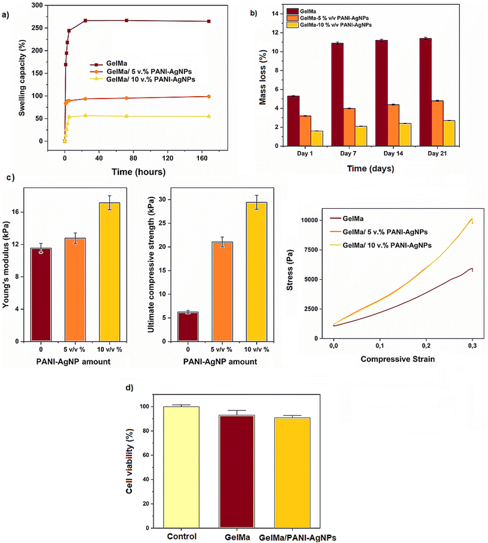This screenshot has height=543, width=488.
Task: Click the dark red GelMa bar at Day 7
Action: [x=337, y=94]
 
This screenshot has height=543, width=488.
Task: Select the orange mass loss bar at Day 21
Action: [x=437, y=124]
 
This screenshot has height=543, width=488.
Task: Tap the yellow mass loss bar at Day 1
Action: [x=317, y=138]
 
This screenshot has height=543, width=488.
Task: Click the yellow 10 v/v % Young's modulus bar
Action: [x=109, y=272]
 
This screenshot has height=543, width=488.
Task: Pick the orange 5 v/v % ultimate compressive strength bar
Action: [x=222, y=292]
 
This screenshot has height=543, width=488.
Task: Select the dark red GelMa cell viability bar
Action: [x=237, y=471]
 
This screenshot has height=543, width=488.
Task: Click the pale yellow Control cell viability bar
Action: [x=181, y=467]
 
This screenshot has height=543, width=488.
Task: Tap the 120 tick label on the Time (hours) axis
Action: [x=167, y=158]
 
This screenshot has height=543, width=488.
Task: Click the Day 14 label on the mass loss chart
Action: [x=393, y=153]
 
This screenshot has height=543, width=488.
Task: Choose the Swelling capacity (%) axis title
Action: [x=22, y=78]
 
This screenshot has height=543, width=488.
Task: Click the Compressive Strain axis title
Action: [x=398, y=359]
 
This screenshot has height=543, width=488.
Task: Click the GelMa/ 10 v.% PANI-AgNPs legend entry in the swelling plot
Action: [x=143, y=79]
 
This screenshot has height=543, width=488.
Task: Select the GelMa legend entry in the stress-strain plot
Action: [x=347, y=218]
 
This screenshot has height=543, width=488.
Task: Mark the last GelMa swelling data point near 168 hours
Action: [x=208, y=21]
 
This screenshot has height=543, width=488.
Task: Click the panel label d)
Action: [x=129, y=387]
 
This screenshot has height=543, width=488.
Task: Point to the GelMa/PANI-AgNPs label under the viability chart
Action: [x=297, y=538]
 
